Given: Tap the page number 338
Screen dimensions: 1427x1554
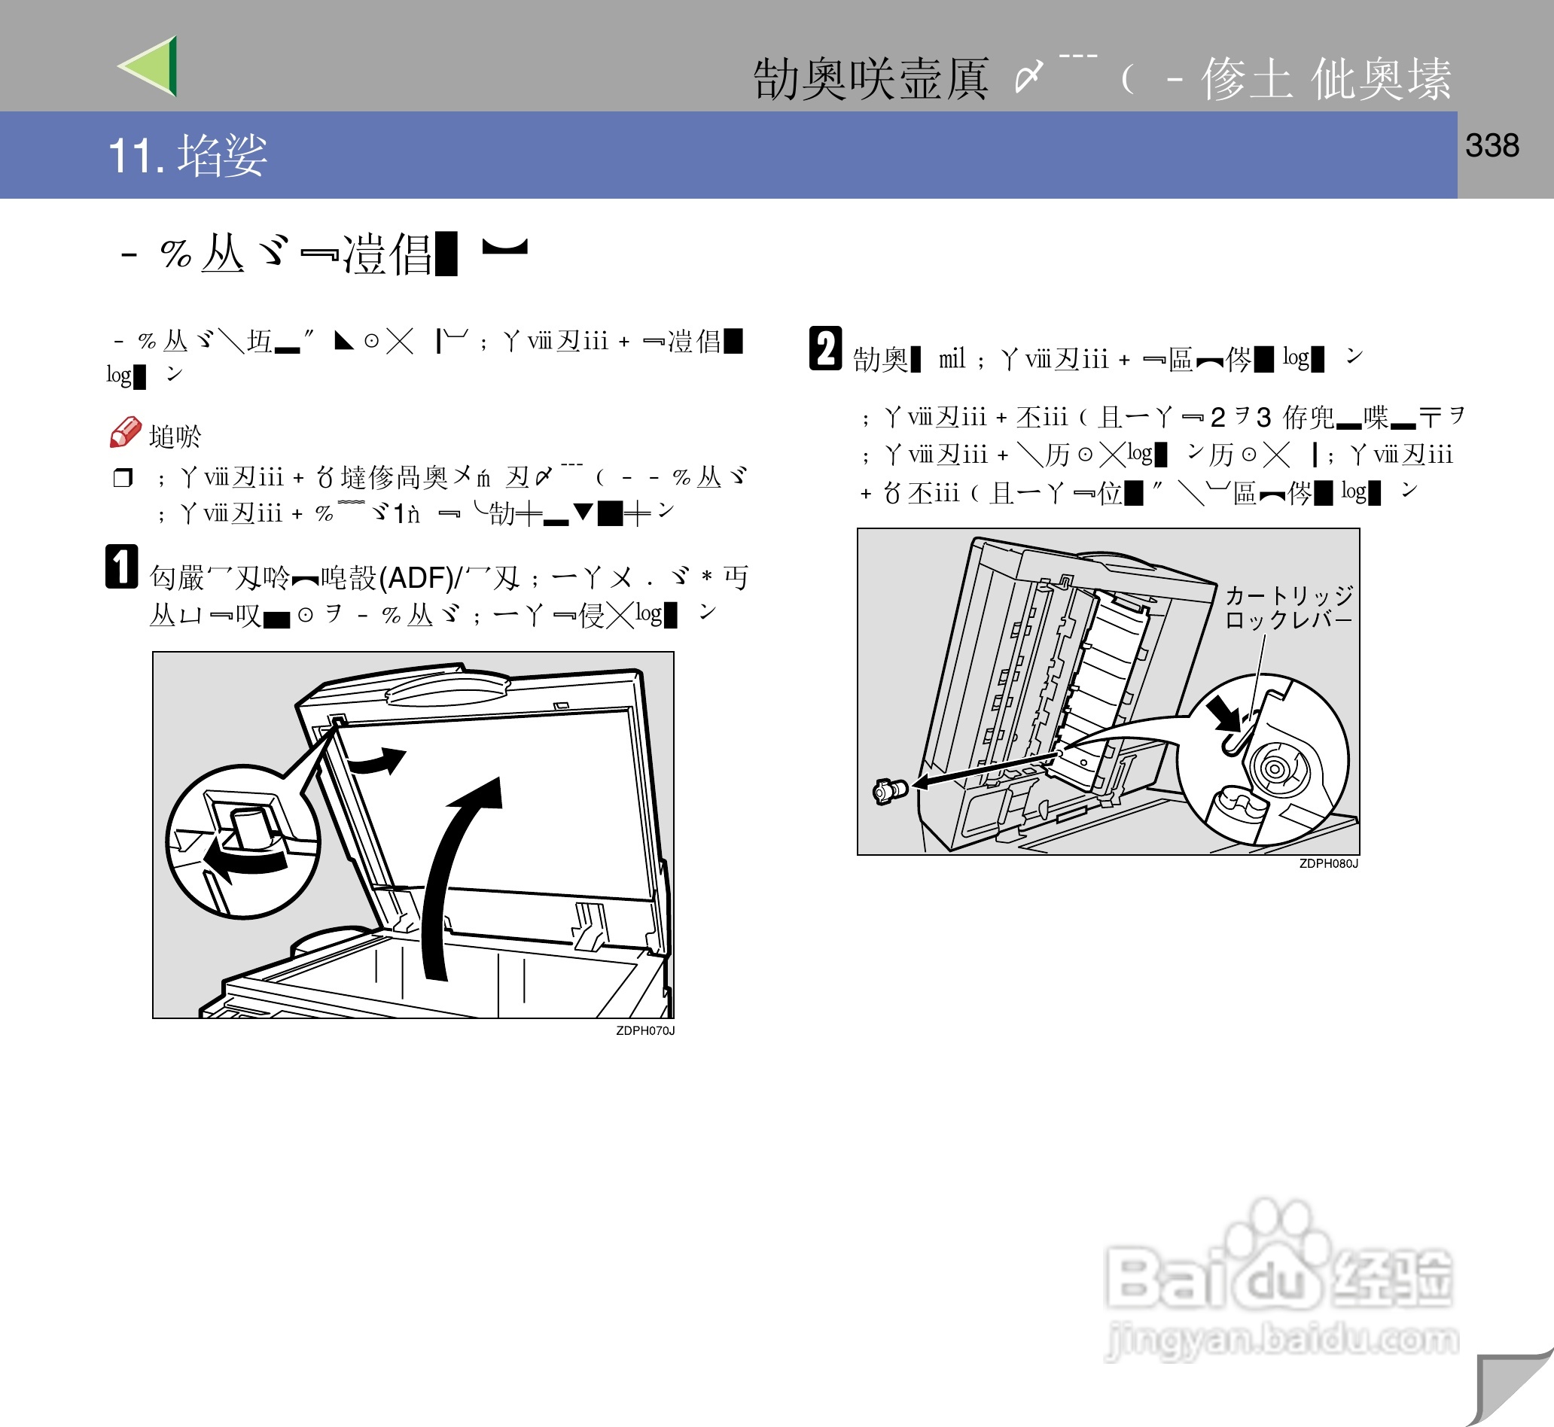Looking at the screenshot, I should coord(1492,146).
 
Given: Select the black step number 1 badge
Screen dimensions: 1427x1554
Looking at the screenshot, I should coord(121,567).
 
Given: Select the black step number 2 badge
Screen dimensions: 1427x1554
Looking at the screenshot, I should coord(825,349).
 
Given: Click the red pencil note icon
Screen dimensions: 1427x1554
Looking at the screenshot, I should coord(125,433).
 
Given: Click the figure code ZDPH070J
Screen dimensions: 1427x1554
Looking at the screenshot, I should coord(645,1031).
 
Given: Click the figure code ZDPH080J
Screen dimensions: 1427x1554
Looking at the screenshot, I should coord(1327,863).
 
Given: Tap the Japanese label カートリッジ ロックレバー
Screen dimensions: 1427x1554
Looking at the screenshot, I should coord(1288,607).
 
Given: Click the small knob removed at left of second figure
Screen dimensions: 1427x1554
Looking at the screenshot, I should coord(888,791).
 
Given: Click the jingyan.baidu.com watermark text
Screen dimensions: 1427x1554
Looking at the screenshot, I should coord(1282,1338).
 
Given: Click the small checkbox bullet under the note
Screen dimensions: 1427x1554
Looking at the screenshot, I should coord(123,478).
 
